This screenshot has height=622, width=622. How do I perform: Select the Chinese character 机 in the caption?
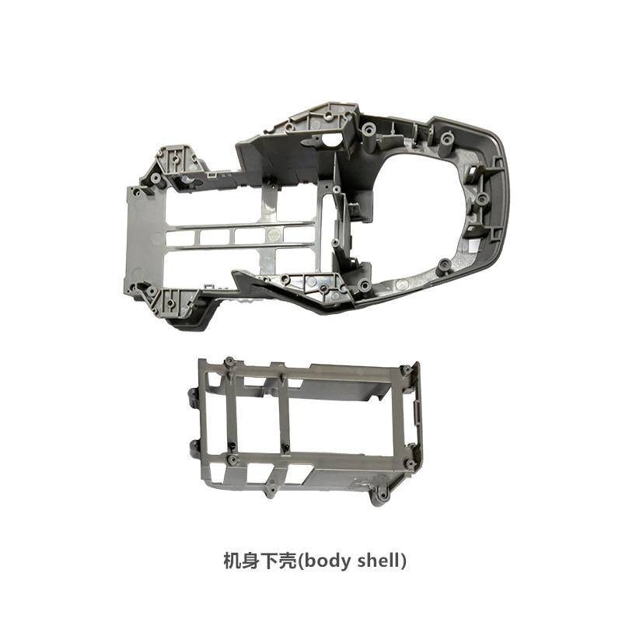[x=232, y=561]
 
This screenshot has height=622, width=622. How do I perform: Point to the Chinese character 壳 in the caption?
[x=287, y=561]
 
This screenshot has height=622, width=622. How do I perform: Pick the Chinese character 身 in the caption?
[x=250, y=561]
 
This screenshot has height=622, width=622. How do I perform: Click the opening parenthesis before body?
[x=300, y=561]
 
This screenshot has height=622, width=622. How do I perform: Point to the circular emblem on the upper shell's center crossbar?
[x=274, y=235]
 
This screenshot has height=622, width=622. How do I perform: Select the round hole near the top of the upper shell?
[x=334, y=140]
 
